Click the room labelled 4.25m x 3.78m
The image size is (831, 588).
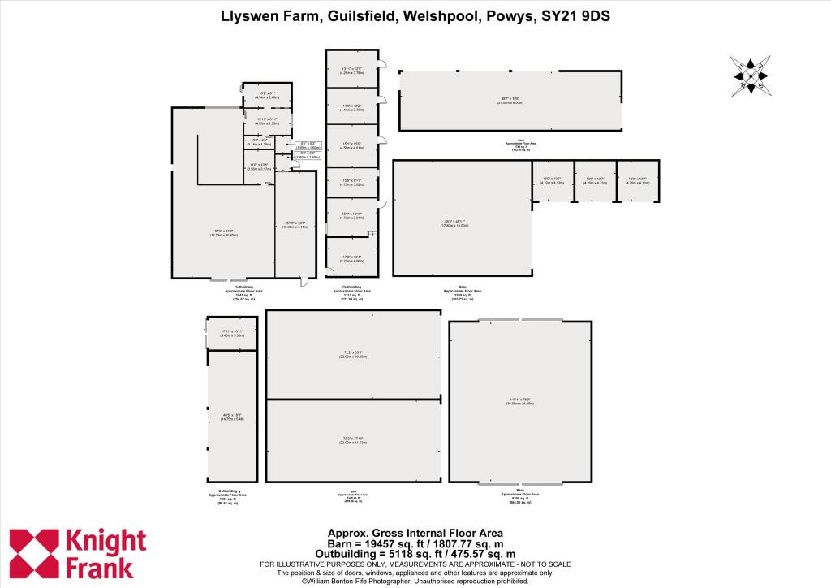352,71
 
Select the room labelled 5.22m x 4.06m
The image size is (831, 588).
352,259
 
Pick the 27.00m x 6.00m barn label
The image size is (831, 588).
510,101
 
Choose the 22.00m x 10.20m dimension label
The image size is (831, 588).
353,355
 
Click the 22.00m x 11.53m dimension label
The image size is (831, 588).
353,441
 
